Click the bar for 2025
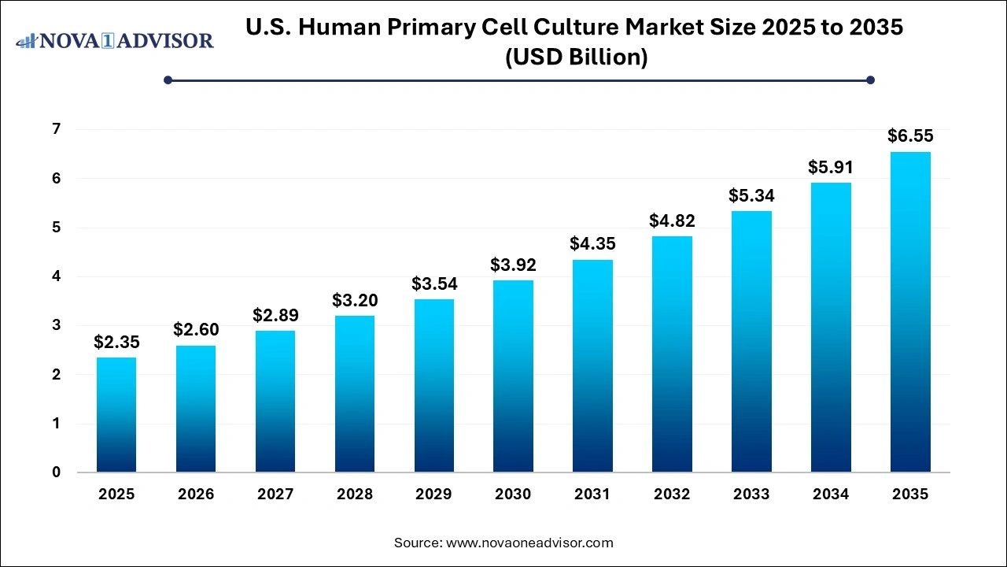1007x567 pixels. click(116, 415)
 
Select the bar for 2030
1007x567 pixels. click(513, 376)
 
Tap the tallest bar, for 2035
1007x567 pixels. click(910, 312)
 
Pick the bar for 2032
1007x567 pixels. click(672, 354)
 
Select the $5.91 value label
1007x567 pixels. click(830, 167)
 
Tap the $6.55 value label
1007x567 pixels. click(910, 136)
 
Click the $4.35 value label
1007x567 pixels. click(592, 244)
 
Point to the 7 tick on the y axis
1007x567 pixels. click(57, 129)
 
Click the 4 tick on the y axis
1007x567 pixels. click(57, 276)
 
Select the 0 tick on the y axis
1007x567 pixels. click(57, 472)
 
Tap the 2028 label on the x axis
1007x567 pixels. click(354, 495)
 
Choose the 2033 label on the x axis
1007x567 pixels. click(751, 495)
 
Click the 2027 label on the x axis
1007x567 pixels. click(275, 495)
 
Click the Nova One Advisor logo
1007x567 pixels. click(115, 40)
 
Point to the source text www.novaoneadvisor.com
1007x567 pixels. click(529, 543)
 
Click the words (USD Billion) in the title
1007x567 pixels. click(574, 57)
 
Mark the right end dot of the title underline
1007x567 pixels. click(870, 80)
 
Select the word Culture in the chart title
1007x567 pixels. click(658, 28)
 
